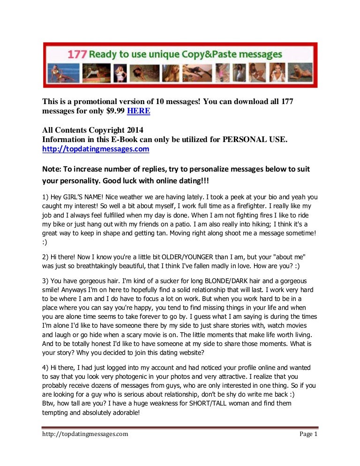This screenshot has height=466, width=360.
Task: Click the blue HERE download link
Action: point(139,112)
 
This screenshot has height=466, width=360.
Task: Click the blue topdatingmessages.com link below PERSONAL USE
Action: point(96,149)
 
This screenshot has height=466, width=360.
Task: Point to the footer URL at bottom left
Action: point(84,434)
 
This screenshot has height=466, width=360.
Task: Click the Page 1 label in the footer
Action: point(308,434)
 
